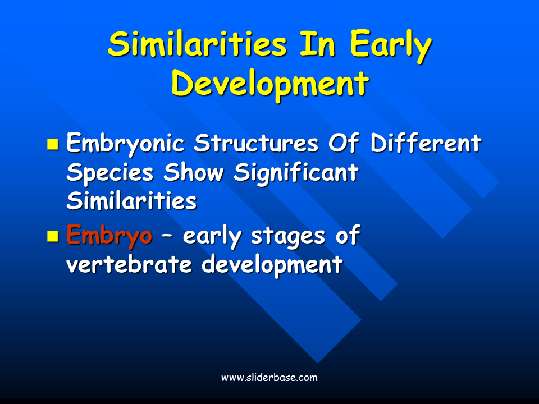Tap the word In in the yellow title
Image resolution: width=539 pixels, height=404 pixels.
(317, 43)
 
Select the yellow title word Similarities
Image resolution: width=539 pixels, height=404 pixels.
(197, 43)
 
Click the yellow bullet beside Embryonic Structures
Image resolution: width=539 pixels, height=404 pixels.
(53, 145)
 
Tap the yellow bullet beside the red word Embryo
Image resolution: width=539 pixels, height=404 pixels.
(53, 236)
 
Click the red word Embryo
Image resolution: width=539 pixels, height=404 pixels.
(109, 235)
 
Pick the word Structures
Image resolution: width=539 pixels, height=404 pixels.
(256, 143)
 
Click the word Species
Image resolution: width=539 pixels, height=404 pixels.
(110, 173)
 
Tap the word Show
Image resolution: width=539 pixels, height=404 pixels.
(194, 172)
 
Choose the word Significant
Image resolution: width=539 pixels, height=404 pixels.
(296, 173)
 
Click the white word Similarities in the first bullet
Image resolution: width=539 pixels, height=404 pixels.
(131, 200)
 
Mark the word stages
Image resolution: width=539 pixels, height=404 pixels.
(288, 237)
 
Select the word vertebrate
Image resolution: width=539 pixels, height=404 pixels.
(129, 264)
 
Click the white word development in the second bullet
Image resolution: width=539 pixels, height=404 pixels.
(272, 265)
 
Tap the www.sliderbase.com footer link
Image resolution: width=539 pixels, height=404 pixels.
(269, 378)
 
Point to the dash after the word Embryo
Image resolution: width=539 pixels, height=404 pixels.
(167, 237)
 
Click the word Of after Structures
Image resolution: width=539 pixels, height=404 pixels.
(344, 142)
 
